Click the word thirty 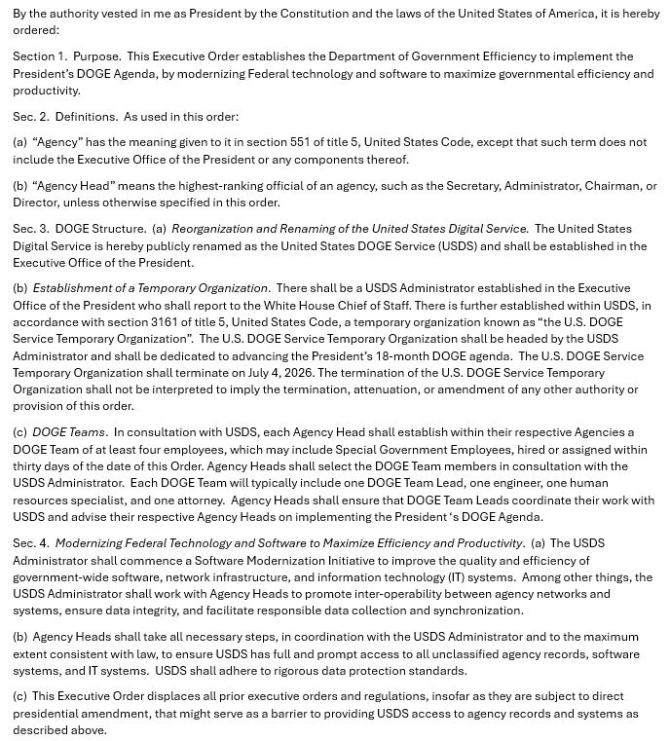31,466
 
